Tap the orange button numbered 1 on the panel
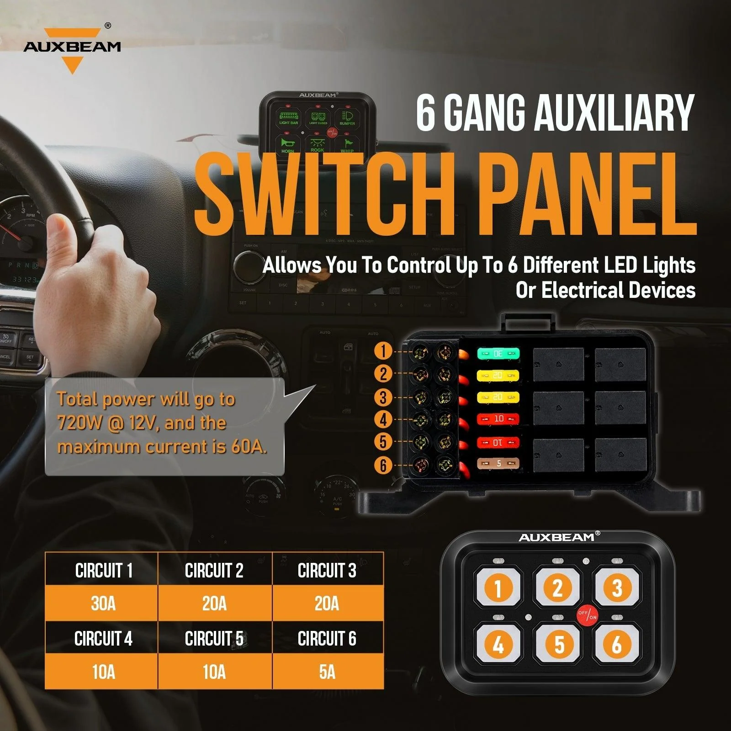click(498, 588)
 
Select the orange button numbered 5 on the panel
click(558, 645)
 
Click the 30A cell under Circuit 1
click(103, 604)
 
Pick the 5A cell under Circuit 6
click(327, 672)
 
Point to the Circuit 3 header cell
click(327, 570)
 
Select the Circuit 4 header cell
click(103, 639)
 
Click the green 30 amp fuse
click(498, 354)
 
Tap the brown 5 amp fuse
click(498, 464)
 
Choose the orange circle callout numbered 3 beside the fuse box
click(383, 397)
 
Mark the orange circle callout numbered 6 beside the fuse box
click(383, 465)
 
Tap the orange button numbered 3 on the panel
click(617, 588)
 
